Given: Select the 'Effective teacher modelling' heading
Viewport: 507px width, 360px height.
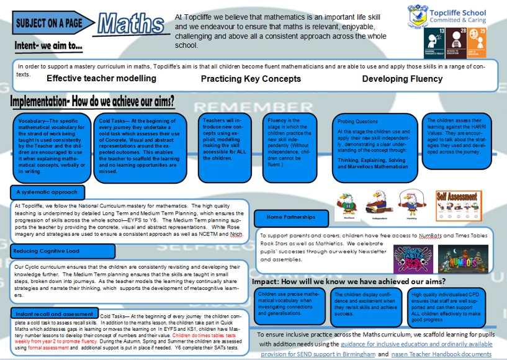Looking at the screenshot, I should tap(101, 79).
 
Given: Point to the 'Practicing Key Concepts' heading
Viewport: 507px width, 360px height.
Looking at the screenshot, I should tap(251, 79).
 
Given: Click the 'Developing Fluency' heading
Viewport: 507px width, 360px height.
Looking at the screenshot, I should tap(402, 79).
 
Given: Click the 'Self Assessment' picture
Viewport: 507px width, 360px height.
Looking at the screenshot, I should tap(459, 203).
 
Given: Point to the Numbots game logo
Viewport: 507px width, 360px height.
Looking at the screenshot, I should tap(462, 258).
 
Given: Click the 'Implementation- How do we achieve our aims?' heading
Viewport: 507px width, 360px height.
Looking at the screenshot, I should tap(92, 101).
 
